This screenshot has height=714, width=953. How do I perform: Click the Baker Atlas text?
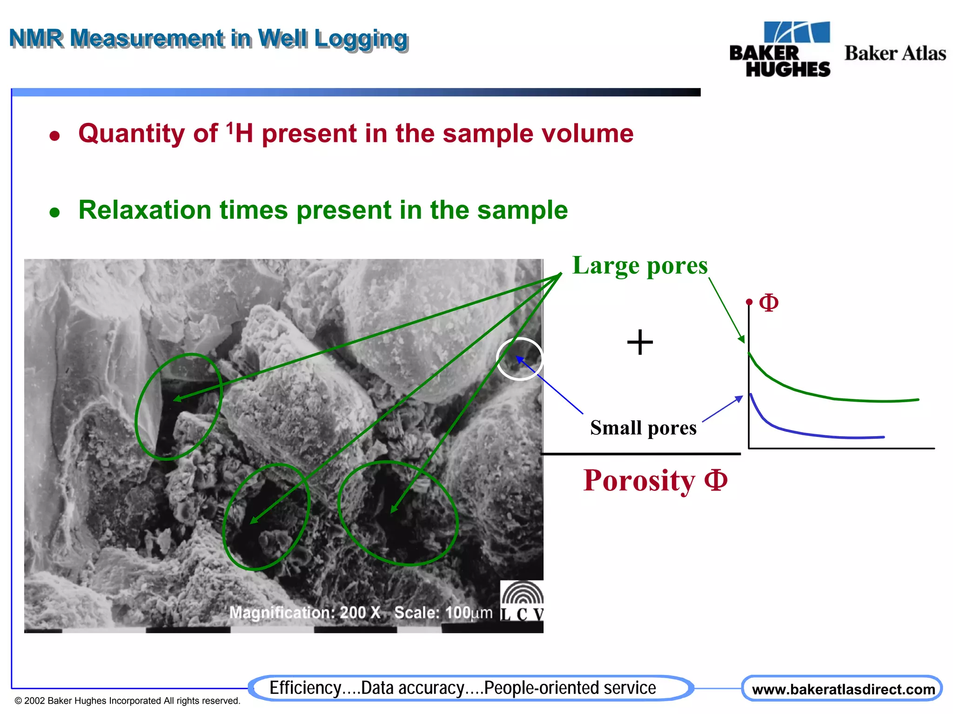click(x=895, y=53)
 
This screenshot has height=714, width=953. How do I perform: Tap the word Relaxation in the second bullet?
click(x=144, y=210)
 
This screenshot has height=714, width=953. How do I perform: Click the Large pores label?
click(x=639, y=266)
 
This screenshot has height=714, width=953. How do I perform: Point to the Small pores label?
click(x=643, y=428)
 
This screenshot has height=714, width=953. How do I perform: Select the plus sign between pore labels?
click(x=640, y=342)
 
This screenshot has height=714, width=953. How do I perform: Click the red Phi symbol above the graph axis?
click(x=768, y=303)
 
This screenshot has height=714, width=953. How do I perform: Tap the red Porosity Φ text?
click(x=655, y=480)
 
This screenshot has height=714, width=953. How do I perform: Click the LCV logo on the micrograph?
click(x=522, y=601)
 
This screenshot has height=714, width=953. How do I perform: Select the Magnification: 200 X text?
click(x=305, y=613)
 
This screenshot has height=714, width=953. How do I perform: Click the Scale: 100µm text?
click(x=443, y=613)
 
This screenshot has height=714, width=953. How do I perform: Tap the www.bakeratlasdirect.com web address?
click(x=843, y=689)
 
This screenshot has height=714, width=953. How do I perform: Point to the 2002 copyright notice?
click(x=127, y=701)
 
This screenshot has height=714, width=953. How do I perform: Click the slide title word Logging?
click(x=361, y=39)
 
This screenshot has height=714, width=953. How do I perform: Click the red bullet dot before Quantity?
click(x=55, y=136)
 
